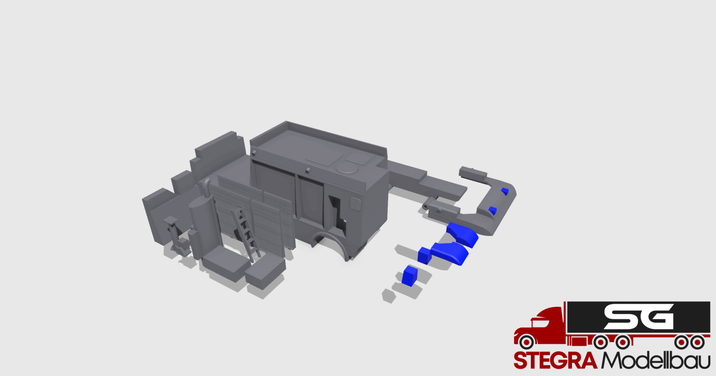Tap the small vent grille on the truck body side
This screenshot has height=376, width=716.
[356, 204]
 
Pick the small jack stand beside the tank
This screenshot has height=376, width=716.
[175, 235]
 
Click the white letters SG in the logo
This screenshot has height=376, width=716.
[639, 317]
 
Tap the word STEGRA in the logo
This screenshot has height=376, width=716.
[556, 360]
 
